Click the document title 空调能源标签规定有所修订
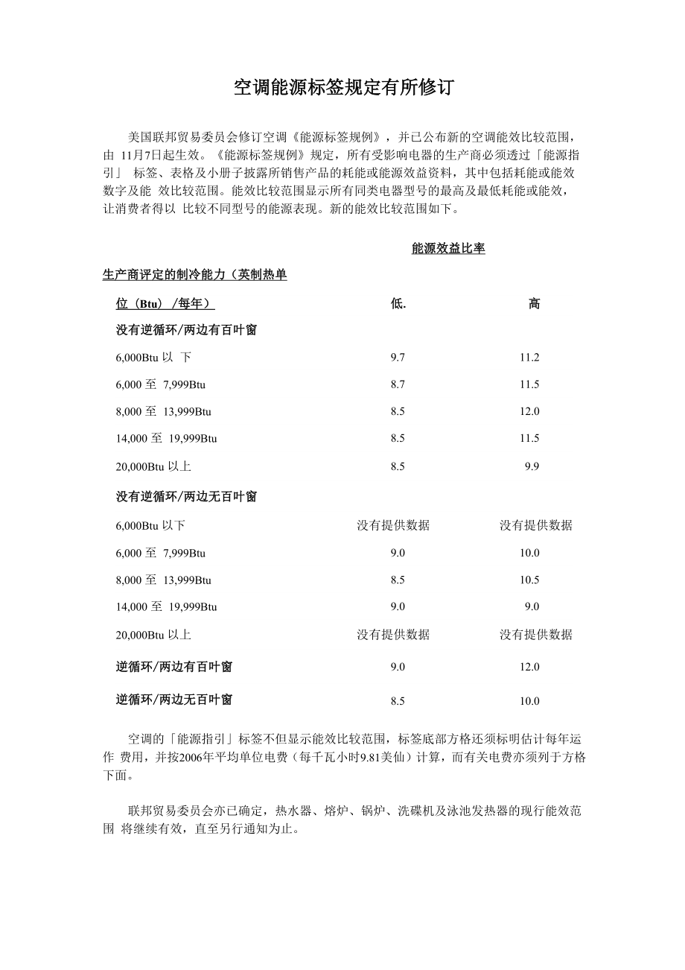(342, 88)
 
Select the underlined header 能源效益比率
(448, 248)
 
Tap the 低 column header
(398, 303)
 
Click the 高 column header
(534, 303)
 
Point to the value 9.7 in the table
(398, 358)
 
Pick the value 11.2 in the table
(529, 358)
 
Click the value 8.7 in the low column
(398, 384)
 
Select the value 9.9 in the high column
(531, 466)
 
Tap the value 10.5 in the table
(529, 580)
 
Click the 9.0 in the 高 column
(531, 606)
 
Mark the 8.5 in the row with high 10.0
(398, 701)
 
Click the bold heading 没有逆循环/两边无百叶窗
(186, 496)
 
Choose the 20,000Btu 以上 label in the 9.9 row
(153, 466)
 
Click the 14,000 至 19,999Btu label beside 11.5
(166, 438)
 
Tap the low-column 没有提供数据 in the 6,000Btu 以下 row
(393, 525)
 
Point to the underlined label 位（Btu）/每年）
(165, 303)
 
